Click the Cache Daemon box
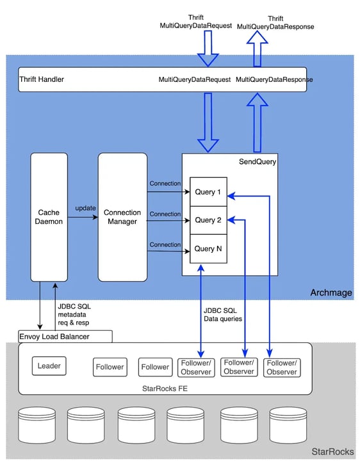point(49,217)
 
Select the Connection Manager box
point(122,217)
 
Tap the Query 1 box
point(208,192)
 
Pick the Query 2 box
point(208,220)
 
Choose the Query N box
point(208,248)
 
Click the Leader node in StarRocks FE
point(49,366)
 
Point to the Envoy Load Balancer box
point(65,337)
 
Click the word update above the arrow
point(85,208)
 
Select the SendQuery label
point(258,161)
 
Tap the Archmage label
point(331,292)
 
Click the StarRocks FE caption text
point(165,388)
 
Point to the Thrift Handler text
point(42,79)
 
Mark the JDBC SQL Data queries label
point(223,315)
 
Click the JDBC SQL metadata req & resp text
point(74,315)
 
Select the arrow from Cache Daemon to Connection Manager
point(83,217)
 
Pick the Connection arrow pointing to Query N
point(168,252)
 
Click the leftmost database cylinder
point(37,425)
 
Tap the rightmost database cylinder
point(288,425)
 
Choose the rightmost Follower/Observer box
point(282,367)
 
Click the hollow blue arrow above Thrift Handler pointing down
point(208,48)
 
